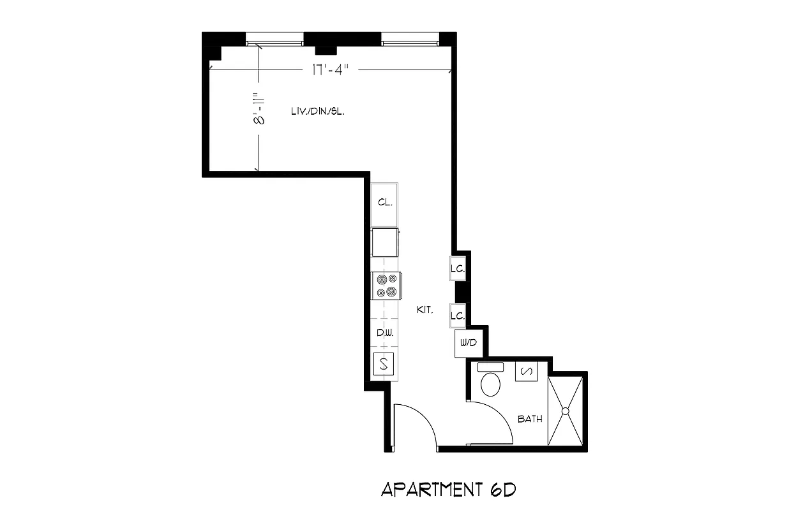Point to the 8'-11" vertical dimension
[258, 110]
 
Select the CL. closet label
[384, 202]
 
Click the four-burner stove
[386, 286]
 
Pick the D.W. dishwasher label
[384, 333]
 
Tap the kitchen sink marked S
[384, 364]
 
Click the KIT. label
[425, 310]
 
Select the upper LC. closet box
[457, 269]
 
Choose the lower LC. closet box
[457, 315]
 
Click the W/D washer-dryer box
[468, 343]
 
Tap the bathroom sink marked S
[527, 371]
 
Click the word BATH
[530, 419]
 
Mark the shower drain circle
[565, 411]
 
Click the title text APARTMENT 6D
[447, 490]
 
